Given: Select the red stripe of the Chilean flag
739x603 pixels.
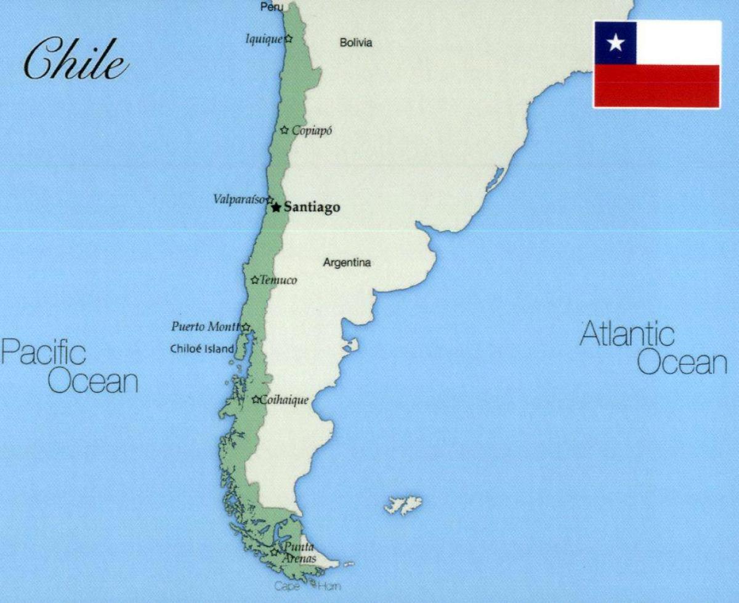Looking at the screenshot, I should point(656,86).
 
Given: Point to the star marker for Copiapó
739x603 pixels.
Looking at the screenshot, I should point(285,130).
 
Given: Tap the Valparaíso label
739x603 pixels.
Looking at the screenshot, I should point(239,199).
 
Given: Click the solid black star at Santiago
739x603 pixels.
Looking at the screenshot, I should point(276,207).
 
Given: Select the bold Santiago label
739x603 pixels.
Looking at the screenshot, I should point(312,208).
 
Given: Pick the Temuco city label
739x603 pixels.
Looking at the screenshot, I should point(278,281).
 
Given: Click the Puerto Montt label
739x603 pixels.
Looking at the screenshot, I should point(206,326).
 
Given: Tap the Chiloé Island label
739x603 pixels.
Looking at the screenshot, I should point(202,349).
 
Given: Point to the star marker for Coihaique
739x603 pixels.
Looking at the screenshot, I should point(256,400).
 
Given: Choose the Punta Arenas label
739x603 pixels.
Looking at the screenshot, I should point(299,553).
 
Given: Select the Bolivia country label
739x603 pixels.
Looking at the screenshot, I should point(356,43).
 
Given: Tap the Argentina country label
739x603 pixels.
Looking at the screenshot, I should point(347,263).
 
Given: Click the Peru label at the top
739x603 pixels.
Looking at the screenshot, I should point(272,7).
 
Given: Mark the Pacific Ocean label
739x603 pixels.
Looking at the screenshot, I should point(69,367).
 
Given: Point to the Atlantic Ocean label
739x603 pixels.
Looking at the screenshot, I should point(654,349).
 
